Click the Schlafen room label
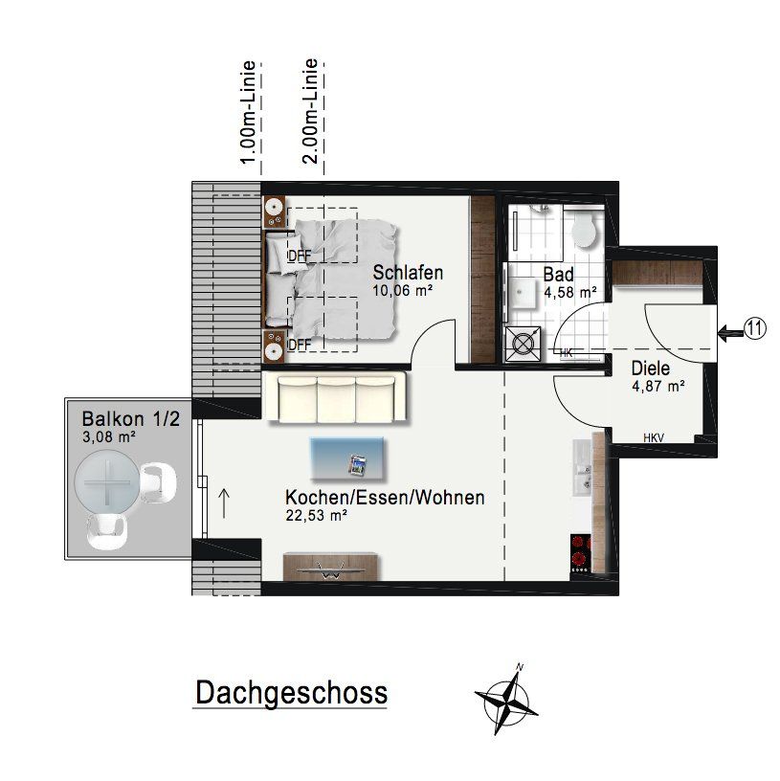click(408, 273)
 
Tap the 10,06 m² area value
click(403, 290)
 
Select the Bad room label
click(558, 275)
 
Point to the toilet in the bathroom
click(583, 230)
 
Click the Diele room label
click(651, 368)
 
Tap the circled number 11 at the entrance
click(755, 328)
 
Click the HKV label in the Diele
click(654, 437)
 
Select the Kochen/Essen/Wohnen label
click(385, 498)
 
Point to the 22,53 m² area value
click(316, 516)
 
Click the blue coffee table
click(347, 459)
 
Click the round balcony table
click(107, 482)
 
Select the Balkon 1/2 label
click(130, 419)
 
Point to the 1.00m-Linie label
click(248, 112)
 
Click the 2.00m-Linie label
click(310, 111)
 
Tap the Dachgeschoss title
click(291, 693)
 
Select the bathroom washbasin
click(522, 293)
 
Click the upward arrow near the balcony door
click(224, 503)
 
